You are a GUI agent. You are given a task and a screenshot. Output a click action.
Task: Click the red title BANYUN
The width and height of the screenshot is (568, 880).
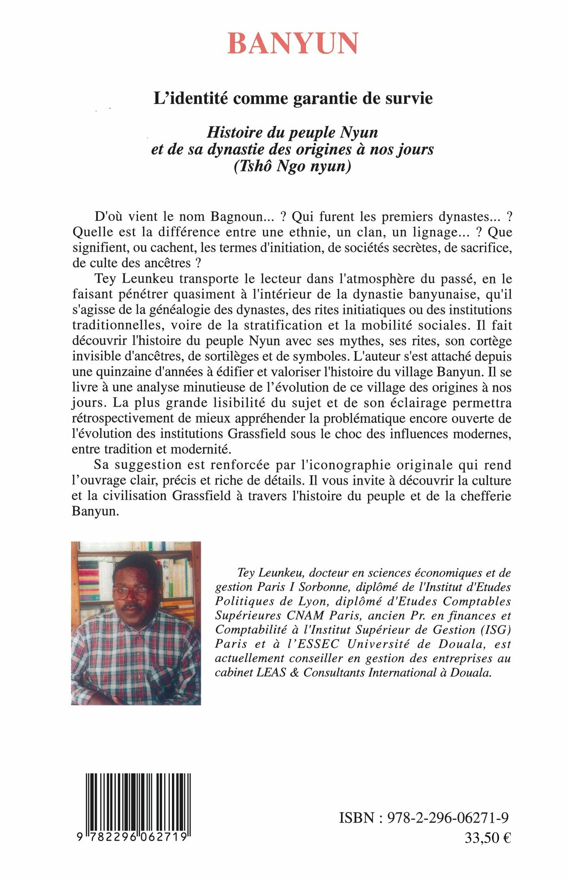point(293,43)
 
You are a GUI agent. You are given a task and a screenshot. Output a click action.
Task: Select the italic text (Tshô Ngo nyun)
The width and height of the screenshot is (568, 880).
point(292,167)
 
